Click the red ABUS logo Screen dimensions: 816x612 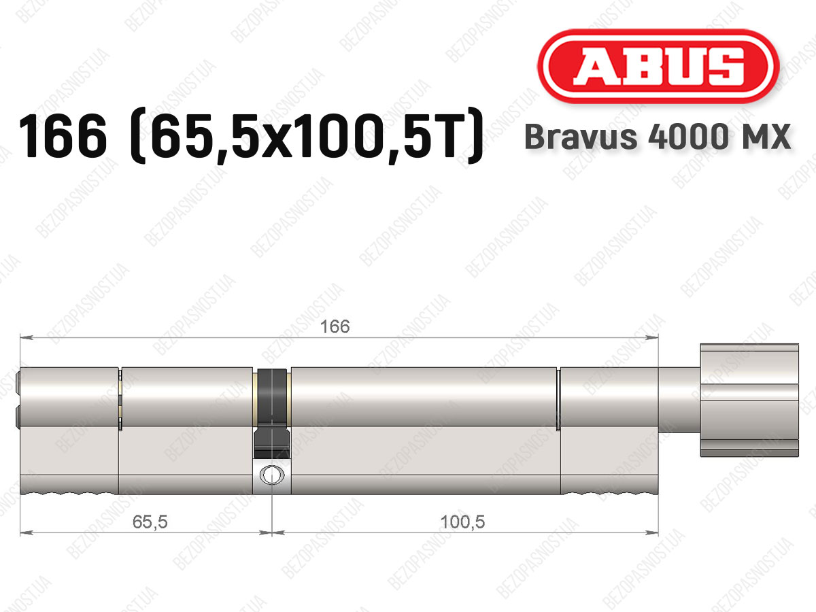(658, 66)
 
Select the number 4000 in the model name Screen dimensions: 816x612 (688, 137)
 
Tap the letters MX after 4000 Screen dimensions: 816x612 (765, 137)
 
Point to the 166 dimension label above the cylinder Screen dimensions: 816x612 (335, 326)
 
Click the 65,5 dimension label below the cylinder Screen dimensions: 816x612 (150, 522)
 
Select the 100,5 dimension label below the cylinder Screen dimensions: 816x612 (462, 522)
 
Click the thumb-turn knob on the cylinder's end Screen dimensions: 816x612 (749, 400)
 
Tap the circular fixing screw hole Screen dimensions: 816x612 (272, 475)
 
